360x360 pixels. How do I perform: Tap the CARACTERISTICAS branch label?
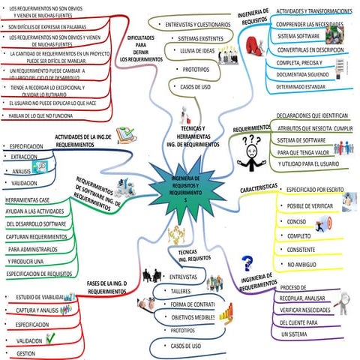(260, 187)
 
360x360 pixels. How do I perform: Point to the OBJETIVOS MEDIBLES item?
(193, 317)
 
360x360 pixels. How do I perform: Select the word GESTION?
(27, 352)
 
